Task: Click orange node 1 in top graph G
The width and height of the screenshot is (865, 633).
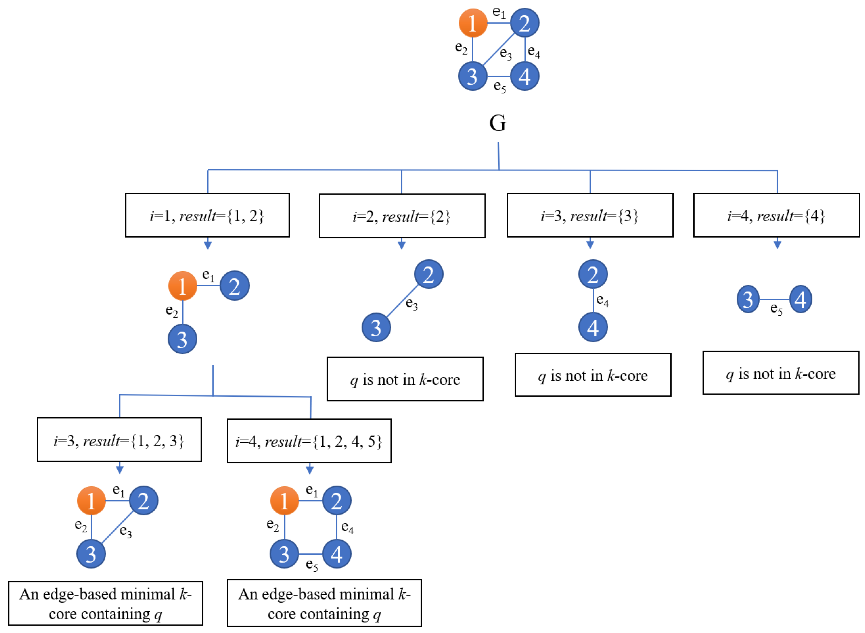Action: click(x=473, y=23)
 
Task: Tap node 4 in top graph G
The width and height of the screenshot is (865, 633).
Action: click(x=525, y=76)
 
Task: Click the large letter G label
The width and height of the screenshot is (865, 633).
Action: click(x=498, y=123)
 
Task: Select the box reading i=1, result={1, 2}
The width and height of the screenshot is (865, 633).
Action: click(x=207, y=215)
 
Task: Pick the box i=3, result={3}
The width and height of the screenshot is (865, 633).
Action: click(x=590, y=215)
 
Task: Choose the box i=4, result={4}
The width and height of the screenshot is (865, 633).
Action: click(x=777, y=215)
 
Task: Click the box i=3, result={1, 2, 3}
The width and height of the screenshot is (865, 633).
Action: click(x=119, y=440)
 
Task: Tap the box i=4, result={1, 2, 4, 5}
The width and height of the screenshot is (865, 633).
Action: click(x=309, y=441)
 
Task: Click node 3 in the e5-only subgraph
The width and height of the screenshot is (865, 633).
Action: click(x=748, y=299)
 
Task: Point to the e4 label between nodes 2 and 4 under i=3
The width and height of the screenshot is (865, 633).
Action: click(x=602, y=300)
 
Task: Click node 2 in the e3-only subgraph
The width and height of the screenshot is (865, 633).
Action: click(x=428, y=274)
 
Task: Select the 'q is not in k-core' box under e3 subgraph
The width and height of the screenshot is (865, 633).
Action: click(x=405, y=379)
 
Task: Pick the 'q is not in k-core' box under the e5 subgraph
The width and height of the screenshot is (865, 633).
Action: click(x=781, y=373)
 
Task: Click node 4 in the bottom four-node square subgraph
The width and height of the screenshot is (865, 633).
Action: click(x=336, y=554)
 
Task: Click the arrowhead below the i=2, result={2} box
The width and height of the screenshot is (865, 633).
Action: click(x=402, y=245)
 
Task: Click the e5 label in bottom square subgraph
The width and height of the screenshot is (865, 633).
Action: click(x=312, y=565)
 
